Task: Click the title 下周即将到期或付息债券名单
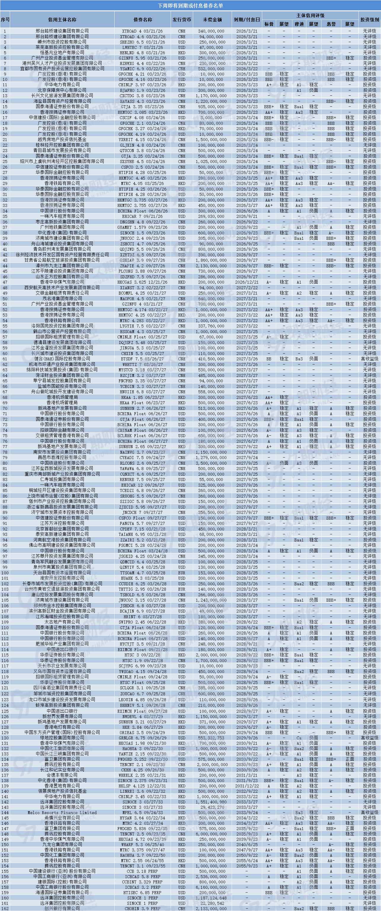190,6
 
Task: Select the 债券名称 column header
143,20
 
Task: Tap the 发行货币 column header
182,20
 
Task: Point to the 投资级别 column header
370,20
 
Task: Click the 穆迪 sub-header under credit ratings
299,24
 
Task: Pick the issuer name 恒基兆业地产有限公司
62,52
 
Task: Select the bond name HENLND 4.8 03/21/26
143,52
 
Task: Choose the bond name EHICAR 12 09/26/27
143,485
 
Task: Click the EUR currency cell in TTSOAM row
182,573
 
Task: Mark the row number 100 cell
5,573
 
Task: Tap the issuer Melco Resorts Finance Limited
62,813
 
